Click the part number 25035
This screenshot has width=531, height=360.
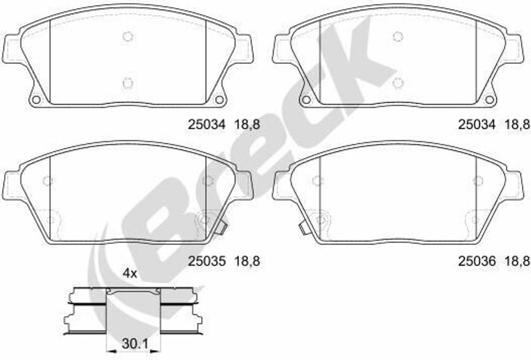click(x=206, y=261)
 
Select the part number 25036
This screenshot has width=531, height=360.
click(x=477, y=261)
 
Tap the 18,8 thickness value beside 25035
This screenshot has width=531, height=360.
click(x=247, y=261)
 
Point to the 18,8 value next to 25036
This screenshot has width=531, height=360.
click(x=518, y=261)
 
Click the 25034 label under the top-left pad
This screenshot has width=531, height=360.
click(x=206, y=124)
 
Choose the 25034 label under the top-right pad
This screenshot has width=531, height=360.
click(x=477, y=124)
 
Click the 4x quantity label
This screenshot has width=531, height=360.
click(x=130, y=273)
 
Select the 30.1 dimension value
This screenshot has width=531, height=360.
click(x=135, y=344)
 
